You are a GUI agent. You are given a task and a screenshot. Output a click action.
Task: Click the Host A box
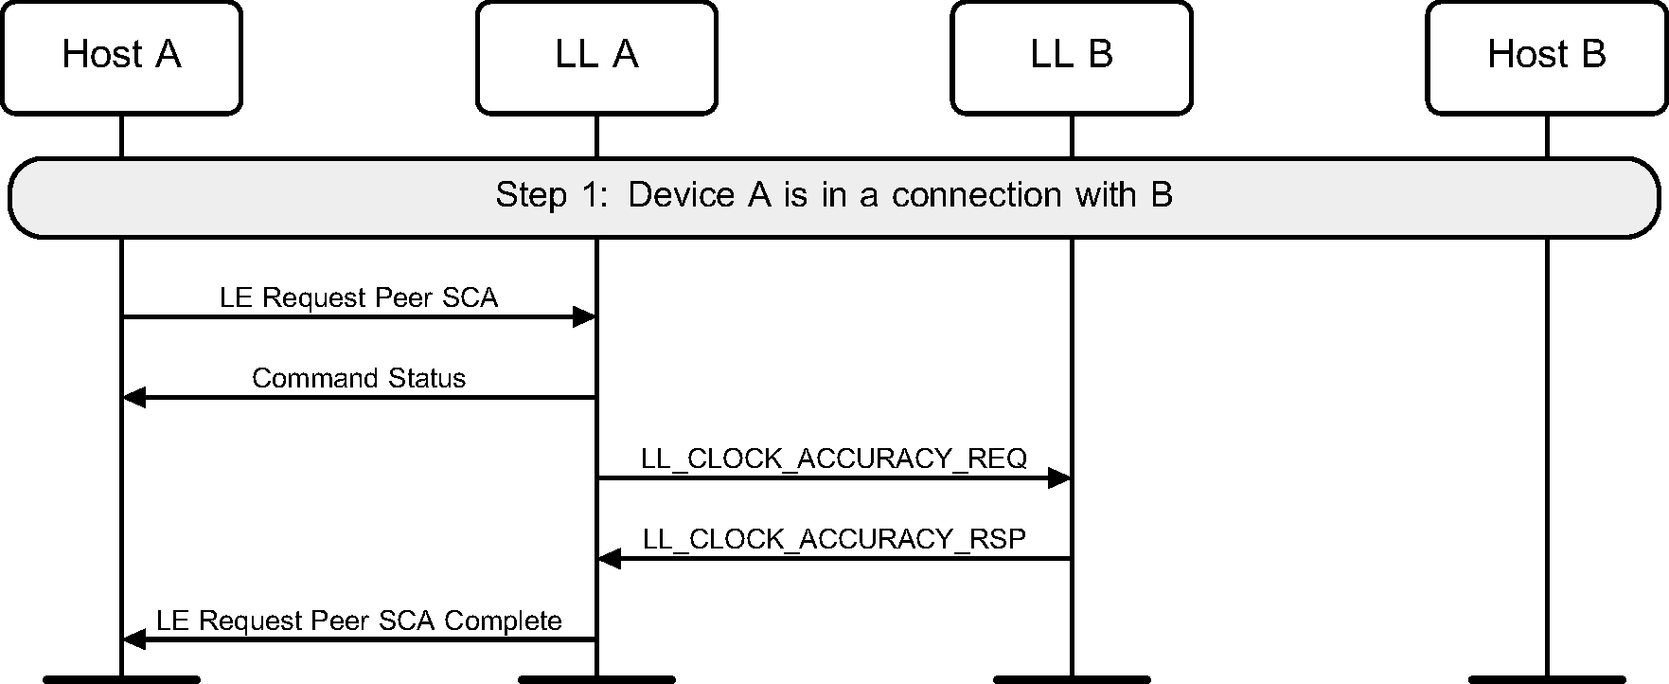(x=121, y=57)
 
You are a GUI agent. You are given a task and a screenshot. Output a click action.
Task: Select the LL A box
(x=596, y=57)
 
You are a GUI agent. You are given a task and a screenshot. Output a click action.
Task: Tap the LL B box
(x=1072, y=57)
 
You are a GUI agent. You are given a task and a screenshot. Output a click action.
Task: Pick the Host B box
(x=1547, y=57)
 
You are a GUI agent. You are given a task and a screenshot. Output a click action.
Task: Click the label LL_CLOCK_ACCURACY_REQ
(x=834, y=459)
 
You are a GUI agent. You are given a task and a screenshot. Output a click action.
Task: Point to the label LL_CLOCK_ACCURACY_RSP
(x=834, y=539)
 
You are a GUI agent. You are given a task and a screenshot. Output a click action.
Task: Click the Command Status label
(x=359, y=378)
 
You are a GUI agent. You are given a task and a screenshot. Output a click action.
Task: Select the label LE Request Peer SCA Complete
(x=359, y=621)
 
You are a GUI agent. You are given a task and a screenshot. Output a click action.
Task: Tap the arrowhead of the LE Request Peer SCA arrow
(x=584, y=317)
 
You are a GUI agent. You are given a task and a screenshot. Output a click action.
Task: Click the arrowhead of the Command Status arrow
(x=134, y=398)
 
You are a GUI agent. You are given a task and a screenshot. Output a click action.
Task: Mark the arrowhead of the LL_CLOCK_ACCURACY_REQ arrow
(x=1059, y=478)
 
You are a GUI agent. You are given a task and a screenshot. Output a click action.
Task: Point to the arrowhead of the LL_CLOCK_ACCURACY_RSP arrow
(x=610, y=559)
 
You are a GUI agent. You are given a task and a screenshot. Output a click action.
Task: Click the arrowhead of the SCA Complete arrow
(x=134, y=640)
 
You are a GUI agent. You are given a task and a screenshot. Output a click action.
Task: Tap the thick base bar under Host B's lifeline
(x=1547, y=679)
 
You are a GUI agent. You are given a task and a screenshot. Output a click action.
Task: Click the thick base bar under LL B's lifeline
(x=1072, y=679)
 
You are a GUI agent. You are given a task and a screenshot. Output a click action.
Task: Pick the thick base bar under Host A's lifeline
(x=121, y=679)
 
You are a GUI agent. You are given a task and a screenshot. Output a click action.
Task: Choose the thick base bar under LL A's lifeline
(x=596, y=679)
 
